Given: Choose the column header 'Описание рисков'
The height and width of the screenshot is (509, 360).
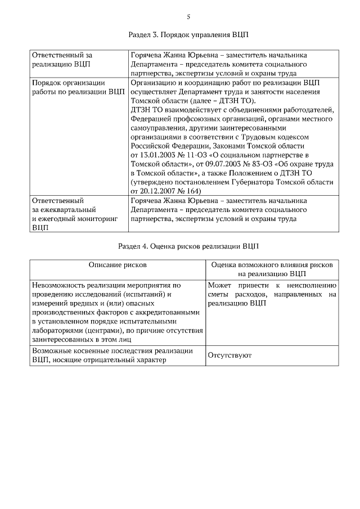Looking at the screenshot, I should (118, 264).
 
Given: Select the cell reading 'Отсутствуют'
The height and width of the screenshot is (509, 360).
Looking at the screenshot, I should (229, 355).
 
